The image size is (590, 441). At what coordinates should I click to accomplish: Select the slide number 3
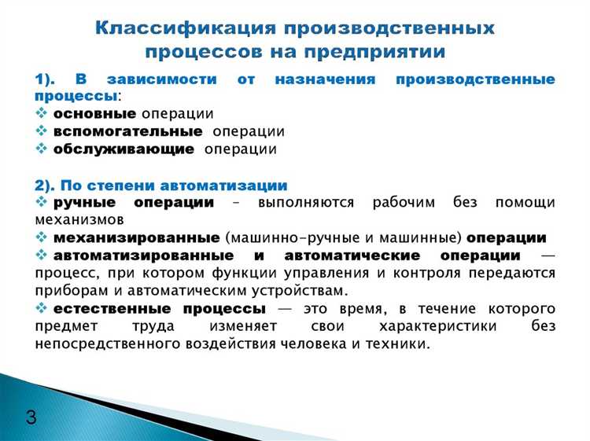click(x=31, y=417)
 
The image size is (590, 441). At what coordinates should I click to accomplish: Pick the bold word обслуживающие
click(x=124, y=149)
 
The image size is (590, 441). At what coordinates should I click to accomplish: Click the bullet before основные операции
click(x=42, y=114)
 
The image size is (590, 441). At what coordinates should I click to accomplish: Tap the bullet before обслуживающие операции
click(x=42, y=149)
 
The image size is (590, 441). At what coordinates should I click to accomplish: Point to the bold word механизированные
click(x=136, y=237)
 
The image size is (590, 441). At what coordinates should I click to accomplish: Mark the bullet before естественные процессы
click(x=42, y=308)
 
